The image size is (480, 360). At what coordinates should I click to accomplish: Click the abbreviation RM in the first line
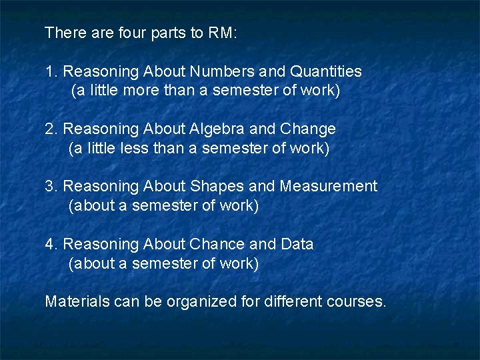(221, 33)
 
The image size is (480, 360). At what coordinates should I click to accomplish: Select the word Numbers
(220, 71)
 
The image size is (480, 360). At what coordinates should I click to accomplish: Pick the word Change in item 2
(309, 129)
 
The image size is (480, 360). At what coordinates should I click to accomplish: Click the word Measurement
(329, 187)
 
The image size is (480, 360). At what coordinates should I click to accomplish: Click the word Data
(297, 245)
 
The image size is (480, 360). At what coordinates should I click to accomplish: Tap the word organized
(201, 303)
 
